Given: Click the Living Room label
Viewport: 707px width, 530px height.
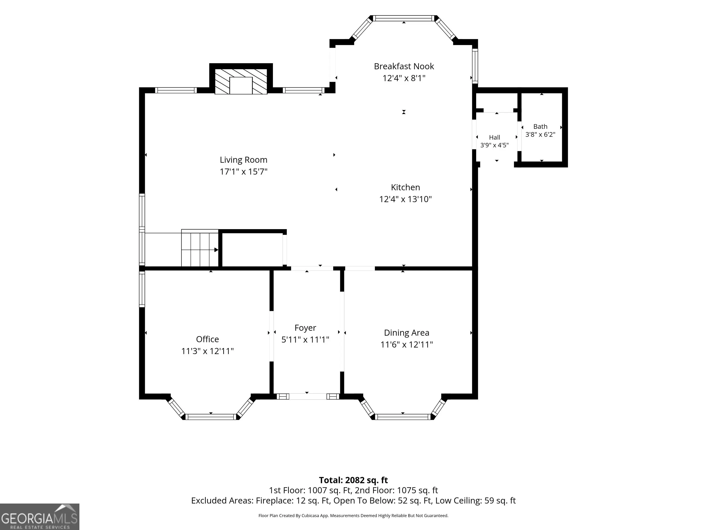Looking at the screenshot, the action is pos(243,160).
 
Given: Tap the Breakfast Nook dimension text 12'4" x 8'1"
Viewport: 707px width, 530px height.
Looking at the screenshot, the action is pos(404,78).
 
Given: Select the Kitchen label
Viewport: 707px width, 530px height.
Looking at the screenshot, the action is pos(405,187).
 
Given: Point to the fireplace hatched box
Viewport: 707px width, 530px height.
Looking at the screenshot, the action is pos(241,81).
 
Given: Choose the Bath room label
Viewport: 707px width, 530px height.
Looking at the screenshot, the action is pos(540,127).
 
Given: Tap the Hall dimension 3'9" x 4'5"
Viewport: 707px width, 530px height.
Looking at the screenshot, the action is pos(494,145).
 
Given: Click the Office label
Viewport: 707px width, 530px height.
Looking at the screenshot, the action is pos(207,339).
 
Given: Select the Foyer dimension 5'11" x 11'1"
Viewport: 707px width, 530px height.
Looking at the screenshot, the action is pos(305,340).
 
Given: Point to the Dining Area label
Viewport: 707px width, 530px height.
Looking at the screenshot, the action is pos(407,333).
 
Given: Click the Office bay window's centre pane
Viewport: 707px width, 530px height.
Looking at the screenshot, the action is pos(211,417).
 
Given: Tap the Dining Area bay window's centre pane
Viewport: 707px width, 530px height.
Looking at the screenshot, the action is pos(403,417).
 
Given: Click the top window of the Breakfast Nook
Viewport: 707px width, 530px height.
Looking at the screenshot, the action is pos(404,18).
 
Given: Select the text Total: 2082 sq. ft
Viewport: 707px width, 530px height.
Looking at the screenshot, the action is pos(353,480).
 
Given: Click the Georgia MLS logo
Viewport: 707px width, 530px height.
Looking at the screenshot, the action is pos(40,517).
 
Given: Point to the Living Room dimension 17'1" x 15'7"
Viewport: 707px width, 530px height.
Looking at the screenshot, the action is pos(243,172).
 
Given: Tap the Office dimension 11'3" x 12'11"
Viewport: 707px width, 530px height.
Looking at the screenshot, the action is pos(207,351).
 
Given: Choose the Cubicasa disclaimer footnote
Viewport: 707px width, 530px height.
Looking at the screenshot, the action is pos(353,516).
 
